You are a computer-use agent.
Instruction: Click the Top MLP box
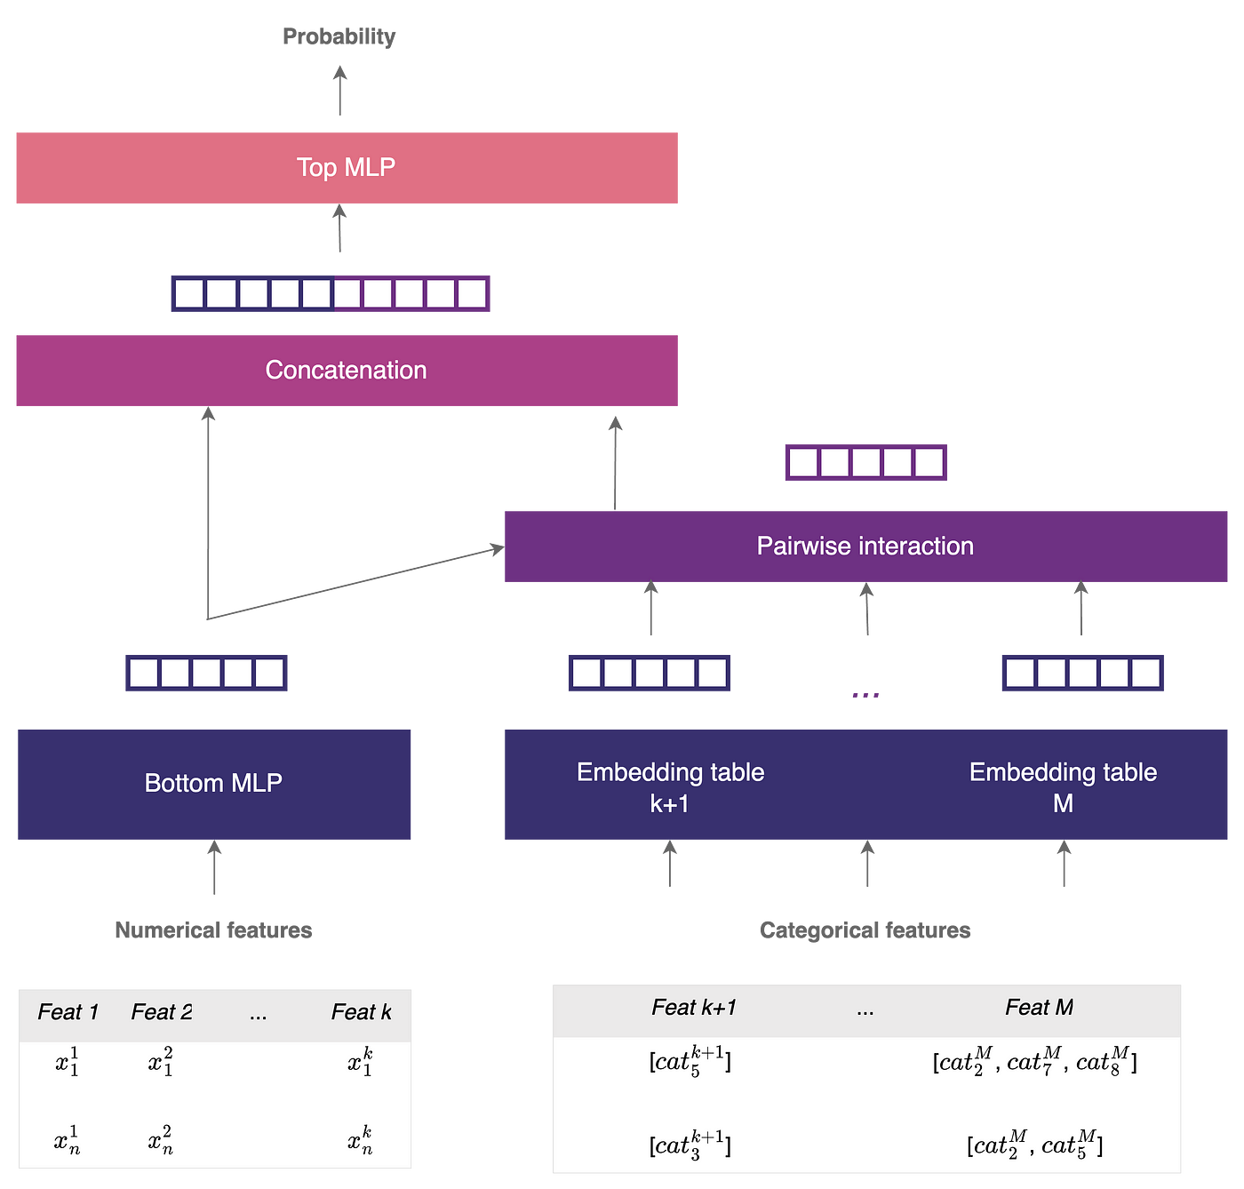tap(347, 168)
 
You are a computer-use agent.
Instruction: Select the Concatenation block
tap(347, 371)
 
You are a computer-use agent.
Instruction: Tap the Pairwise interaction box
tap(865, 547)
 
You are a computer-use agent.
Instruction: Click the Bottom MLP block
tap(214, 784)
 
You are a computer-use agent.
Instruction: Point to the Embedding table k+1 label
tap(670, 787)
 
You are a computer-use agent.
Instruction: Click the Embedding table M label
tap(1063, 787)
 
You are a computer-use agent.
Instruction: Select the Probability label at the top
tap(339, 36)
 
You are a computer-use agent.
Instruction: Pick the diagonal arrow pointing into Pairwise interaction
tap(355, 584)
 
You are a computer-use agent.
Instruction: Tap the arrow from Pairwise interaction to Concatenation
tap(615, 462)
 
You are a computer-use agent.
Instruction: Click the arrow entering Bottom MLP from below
tap(214, 869)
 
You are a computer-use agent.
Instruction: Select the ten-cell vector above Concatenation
tap(331, 293)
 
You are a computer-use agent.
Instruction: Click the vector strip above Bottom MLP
tap(206, 673)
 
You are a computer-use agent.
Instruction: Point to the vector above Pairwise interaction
tap(865, 462)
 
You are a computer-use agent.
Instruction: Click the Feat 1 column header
tap(68, 1012)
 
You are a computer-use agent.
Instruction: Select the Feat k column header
tap(361, 1012)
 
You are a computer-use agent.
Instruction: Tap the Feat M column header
tap(1039, 1008)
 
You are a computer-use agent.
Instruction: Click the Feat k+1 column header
tap(693, 1008)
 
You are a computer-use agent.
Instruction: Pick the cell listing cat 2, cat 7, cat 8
tap(1034, 1062)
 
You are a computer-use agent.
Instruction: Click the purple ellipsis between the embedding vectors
tap(865, 695)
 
